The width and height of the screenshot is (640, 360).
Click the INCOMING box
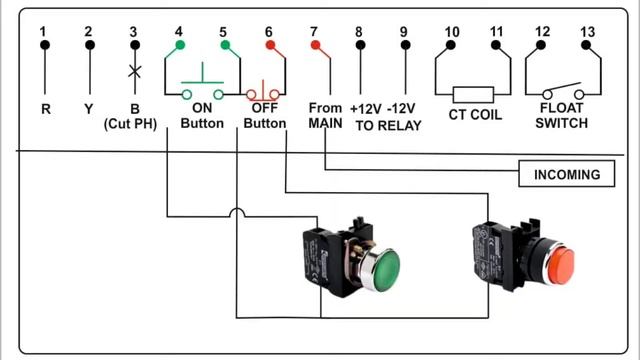tap(567, 174)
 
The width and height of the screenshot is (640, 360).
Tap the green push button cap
tap(385, 271)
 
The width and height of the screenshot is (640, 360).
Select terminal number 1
tap(43, 31)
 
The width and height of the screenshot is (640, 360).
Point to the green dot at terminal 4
tap(180, 45)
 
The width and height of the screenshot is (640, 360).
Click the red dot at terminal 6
tap(270, 45)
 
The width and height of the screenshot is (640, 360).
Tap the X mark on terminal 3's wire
tap(135, 71)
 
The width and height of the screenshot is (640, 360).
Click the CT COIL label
tap(475, 115)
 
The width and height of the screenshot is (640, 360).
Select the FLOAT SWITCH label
tap(562, 116)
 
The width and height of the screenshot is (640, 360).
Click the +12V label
tap(366, 109)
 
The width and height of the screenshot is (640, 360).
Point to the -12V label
tap(401, 109)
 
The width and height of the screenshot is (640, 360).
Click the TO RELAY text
tap(388, 126)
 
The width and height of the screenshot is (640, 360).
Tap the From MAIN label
tap(325, 116)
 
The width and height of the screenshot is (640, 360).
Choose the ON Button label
tap(202, 116)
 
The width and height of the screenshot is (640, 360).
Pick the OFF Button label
tap(264, 116)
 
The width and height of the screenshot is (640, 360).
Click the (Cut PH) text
tap(130, 124)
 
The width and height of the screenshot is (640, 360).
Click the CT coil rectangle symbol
tap(473, 95)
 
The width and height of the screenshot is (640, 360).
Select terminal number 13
tap(587, 31)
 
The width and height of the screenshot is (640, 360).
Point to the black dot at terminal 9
tap(405, 45)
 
